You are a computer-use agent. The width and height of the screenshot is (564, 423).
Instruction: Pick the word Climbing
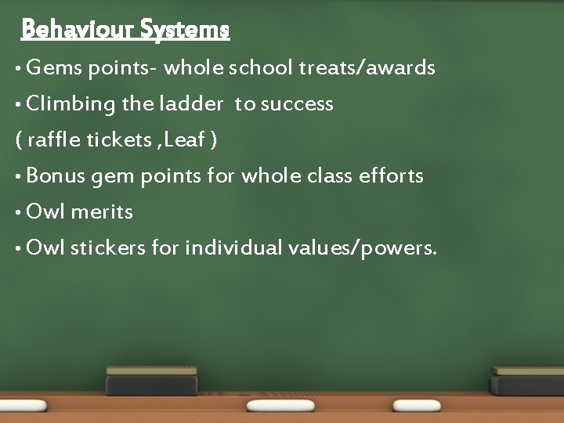pyautogui.click(x=70, y=104)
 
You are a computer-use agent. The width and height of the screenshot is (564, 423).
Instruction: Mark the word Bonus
pyautogui.click(x=56, y=176)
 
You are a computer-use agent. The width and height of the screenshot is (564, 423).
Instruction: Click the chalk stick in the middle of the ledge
pyautogui.click(x=280, y=406)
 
